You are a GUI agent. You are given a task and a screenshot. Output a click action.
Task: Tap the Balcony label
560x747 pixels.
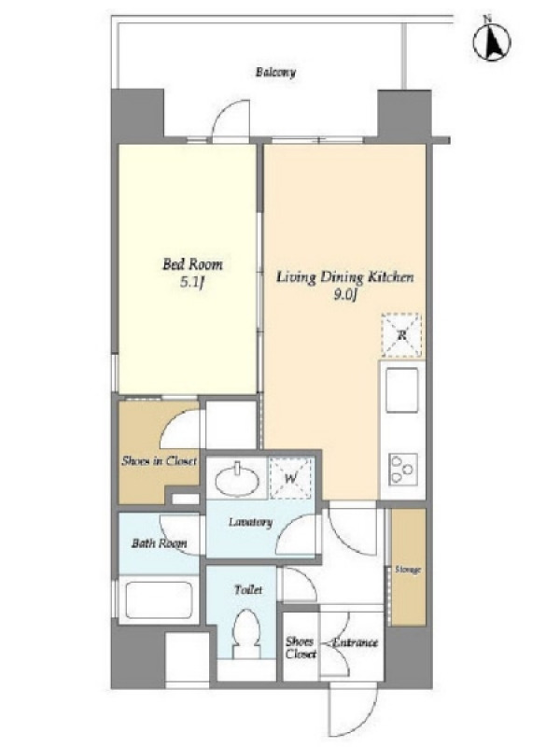click(275, 73)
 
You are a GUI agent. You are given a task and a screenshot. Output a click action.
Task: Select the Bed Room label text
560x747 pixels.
click(192, 264)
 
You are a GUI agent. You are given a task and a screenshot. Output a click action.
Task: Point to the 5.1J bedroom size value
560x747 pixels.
click(192, 284)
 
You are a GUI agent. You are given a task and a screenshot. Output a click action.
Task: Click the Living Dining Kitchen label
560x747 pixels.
click(344, 277)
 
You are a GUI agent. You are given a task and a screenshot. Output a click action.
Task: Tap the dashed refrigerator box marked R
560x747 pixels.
click(401, 335)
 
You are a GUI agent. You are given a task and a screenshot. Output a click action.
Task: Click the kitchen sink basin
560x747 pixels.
click(402, 389)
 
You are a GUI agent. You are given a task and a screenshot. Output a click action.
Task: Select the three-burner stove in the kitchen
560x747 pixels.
click(403, 470)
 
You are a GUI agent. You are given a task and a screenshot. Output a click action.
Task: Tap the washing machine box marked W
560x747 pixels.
click(291, 478)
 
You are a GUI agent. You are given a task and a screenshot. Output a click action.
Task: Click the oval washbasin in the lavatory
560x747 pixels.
click(237, 480)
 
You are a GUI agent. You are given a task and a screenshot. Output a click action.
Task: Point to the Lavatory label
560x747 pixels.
click(250, 522)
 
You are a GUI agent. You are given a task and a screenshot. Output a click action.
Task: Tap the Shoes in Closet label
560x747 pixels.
click(159, 460)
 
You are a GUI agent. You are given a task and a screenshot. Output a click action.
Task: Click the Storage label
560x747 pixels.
click(408, 570)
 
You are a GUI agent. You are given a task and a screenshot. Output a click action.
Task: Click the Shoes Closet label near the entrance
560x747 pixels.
click(301, 648)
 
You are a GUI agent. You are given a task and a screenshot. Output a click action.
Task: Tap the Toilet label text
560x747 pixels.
click(248, 590)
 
